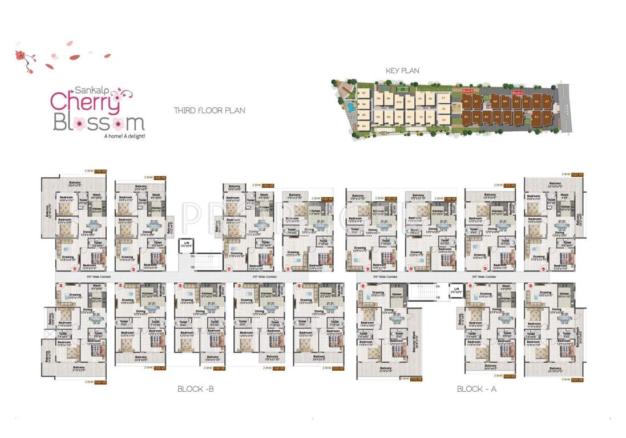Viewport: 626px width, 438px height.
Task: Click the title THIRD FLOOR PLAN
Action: [x=209, y=110]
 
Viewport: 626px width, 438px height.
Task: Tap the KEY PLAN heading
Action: [x=402, y=71]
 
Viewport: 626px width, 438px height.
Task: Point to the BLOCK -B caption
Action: [x=195, y=389]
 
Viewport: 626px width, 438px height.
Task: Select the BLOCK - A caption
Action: [x=478, y=389]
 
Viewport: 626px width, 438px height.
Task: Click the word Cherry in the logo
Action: [x=85, y=101]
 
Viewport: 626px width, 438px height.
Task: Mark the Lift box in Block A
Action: [x=456, y=290]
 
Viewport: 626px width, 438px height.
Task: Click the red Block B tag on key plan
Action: [x=467, y=91]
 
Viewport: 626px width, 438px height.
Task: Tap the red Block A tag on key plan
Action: [x=518, y=92]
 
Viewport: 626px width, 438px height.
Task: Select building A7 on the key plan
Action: [x=547, y=101]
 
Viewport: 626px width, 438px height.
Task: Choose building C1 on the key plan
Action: [x=443, y=98]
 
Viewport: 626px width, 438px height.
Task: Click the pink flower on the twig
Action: [x=21, y=55]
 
